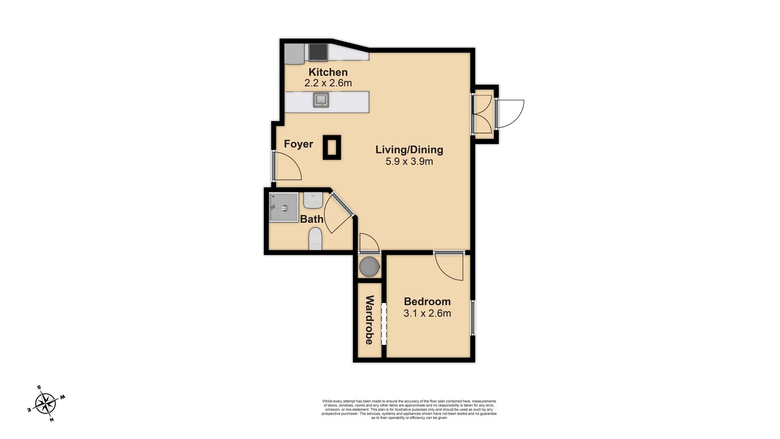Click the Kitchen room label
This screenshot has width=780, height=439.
click(x=328, y=72)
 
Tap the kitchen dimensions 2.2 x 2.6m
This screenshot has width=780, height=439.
click(x=328, y=83)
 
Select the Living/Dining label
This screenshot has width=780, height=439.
click(x=409, y=150)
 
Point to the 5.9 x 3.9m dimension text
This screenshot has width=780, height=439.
click(x=409, y=161)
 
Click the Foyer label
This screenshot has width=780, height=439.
click(x=298, y=144)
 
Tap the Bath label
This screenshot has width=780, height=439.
click(x=312, y=219)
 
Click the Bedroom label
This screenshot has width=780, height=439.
click(x=427, y=302)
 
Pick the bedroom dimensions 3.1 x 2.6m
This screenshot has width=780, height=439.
click(x=427, y=313)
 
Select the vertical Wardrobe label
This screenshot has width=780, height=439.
click(x=369, y=320)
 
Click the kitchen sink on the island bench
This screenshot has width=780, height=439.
click(x=321, y=100)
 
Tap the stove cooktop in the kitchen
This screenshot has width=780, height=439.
click(x=318, y=52)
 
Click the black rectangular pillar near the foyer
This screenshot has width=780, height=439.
click(x=332, y=148)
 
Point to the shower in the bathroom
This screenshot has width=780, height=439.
click(x=283, y=207)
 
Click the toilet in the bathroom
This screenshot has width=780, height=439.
click(x=315, y=239)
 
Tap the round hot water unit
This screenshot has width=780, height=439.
click(x=370, y=267)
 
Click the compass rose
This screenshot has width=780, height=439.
click(x=45, y=404)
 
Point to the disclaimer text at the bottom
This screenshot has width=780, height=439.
click(x=409, y=409)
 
